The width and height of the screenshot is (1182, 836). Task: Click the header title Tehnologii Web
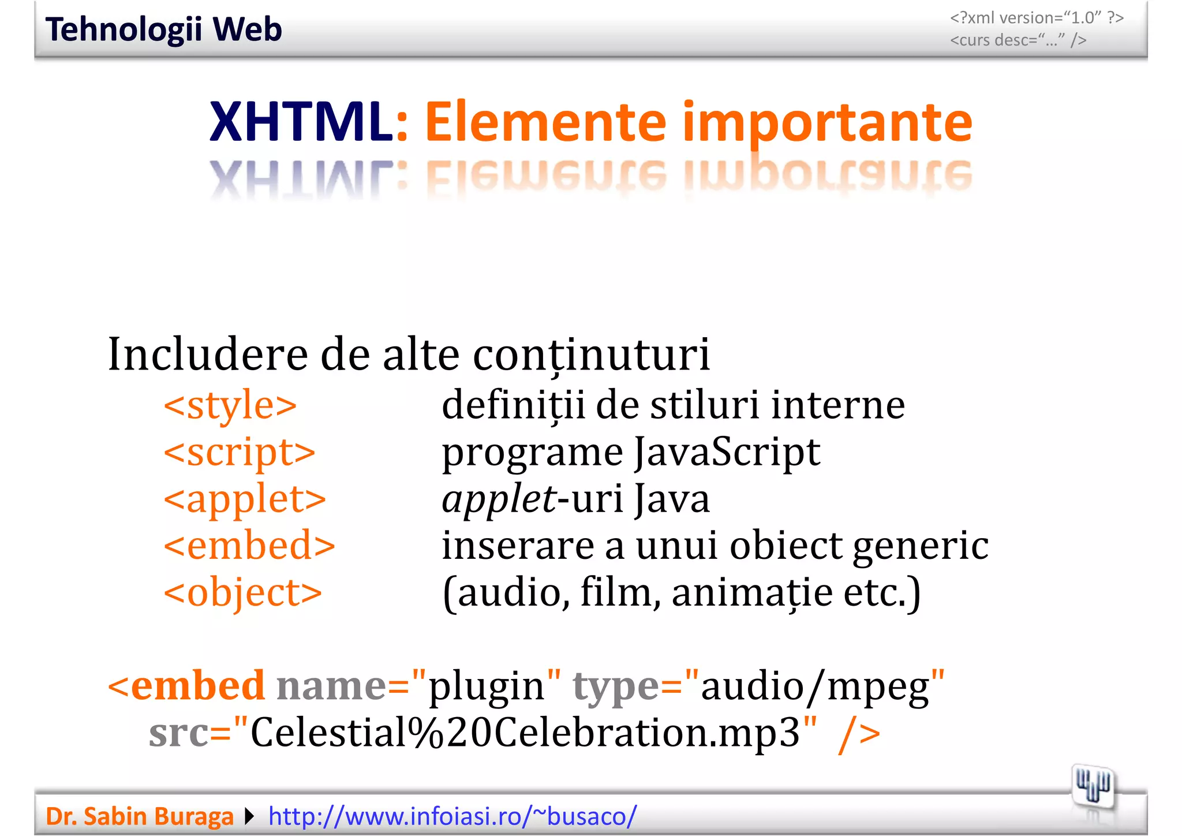point(163,29)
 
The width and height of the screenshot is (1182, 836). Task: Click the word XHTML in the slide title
point(301,122)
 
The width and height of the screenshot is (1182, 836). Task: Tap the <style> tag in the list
point(230,405)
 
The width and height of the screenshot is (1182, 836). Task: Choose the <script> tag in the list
point(240,452)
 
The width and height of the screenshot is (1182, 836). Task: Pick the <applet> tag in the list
point(245,499)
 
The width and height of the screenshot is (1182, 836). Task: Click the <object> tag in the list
point(243,593)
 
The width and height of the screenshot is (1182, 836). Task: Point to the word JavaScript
point(727,452)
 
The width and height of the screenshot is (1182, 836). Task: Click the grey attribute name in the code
point(331,686)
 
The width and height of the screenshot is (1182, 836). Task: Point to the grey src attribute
point(178,733)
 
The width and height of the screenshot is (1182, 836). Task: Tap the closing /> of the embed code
point(859,734)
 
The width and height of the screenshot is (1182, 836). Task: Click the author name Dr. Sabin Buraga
point(140,816)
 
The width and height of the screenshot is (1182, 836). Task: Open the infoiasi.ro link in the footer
point(452,816)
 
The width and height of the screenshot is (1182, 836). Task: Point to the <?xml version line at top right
point(1037,18)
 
